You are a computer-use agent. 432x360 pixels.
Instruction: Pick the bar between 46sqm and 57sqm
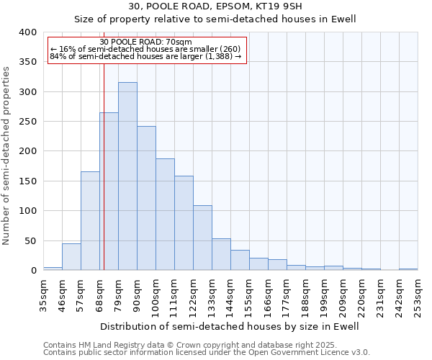(x=71, y=257)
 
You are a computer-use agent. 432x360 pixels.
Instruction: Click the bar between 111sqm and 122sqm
(x=184, y=223)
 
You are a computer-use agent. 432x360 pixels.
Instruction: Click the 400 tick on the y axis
(x=27, y=32)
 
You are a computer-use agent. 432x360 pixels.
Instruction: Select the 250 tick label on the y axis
(x=27, y=122)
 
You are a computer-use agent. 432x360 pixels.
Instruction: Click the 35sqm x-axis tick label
(x=43, y=296)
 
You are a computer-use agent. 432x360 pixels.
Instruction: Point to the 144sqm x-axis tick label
(x=230, y=296)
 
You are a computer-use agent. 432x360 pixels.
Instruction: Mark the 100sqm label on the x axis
(x=156, y=296)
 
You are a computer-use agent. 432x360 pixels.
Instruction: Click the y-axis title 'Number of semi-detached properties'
(x=7, y=155)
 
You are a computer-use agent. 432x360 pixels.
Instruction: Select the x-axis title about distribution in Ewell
(x=230, y=326)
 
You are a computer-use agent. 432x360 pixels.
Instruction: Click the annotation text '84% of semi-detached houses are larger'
(x=146, y=56)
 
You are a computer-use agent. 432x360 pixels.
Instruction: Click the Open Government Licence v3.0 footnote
(x=207, y=353)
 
